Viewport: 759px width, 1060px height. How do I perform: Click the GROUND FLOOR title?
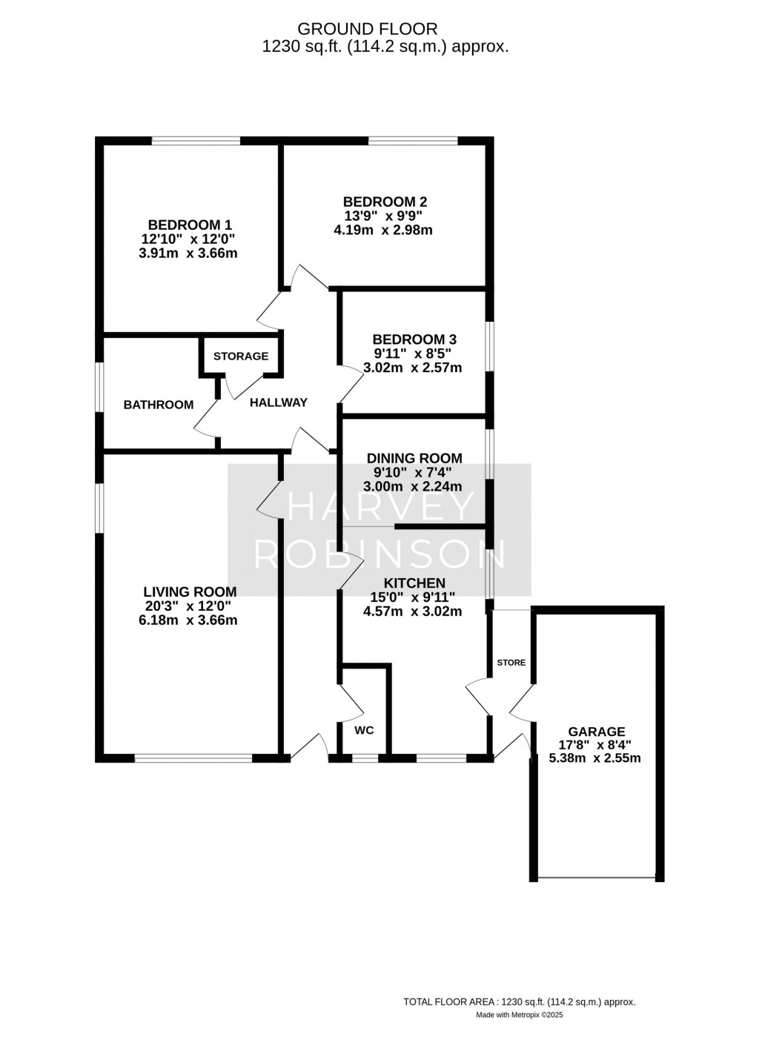(367, 30)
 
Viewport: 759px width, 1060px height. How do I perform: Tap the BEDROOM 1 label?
(190, 225)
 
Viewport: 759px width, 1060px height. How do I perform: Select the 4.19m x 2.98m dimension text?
(385, 231)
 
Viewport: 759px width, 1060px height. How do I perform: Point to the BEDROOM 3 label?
(414, 339)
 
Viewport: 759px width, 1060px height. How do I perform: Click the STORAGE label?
(241, 357)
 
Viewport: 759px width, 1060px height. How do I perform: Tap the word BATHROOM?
(159, 405)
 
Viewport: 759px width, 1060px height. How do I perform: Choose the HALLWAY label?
(279, 403)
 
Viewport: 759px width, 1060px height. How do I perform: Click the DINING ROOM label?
(414, 458)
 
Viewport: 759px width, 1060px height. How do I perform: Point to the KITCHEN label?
(414, 583)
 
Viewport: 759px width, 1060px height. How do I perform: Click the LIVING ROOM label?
(190, 592)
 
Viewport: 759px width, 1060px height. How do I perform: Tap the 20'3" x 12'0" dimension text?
(188, 606)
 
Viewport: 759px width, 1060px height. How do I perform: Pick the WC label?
(365, 731)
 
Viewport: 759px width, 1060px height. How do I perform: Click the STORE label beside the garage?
(511, 663)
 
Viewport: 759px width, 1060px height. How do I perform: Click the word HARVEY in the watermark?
(380, 506)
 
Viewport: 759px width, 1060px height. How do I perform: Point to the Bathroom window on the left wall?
(99, 388)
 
